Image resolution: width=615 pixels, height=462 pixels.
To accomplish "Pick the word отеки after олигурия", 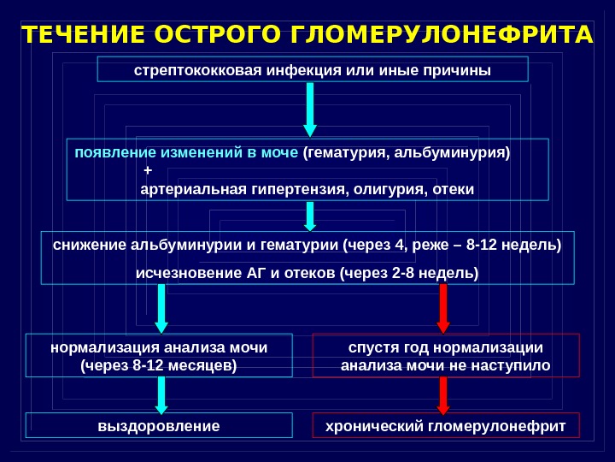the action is [454, 187].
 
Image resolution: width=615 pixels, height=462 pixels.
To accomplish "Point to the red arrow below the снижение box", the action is [443, 308].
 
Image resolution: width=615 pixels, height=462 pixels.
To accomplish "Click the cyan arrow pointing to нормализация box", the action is [160, 308].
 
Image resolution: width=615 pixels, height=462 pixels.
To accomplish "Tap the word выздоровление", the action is [159, 426].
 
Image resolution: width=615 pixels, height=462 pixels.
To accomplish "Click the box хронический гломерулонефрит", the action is [446, 426].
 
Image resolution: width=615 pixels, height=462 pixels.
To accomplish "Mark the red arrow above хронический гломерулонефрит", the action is [443, 394].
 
